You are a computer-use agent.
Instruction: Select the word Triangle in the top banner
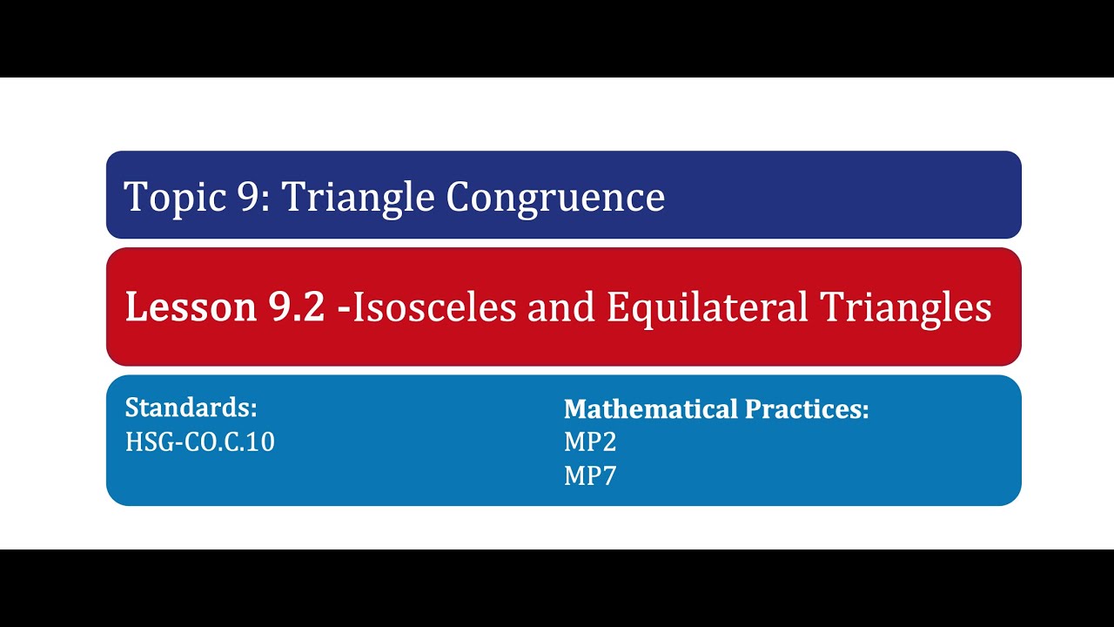click(x=357, y=198)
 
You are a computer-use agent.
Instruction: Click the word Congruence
click(x=555, y=198)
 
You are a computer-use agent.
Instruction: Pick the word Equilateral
click(x=708, y=307)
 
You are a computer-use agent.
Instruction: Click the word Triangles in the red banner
click(x=906, y=307)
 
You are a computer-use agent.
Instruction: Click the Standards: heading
click(x=191, y=408)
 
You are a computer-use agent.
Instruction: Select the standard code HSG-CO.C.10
click(x=200, y=442)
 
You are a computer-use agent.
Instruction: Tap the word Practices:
click(x=805, y=408)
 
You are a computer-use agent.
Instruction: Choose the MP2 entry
click(x=590, y=442)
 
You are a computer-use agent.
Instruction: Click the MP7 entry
click(x=590, y=475)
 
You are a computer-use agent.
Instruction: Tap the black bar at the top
click(x=557, y=38)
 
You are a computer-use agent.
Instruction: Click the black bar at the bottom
click(x=557, y=588)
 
